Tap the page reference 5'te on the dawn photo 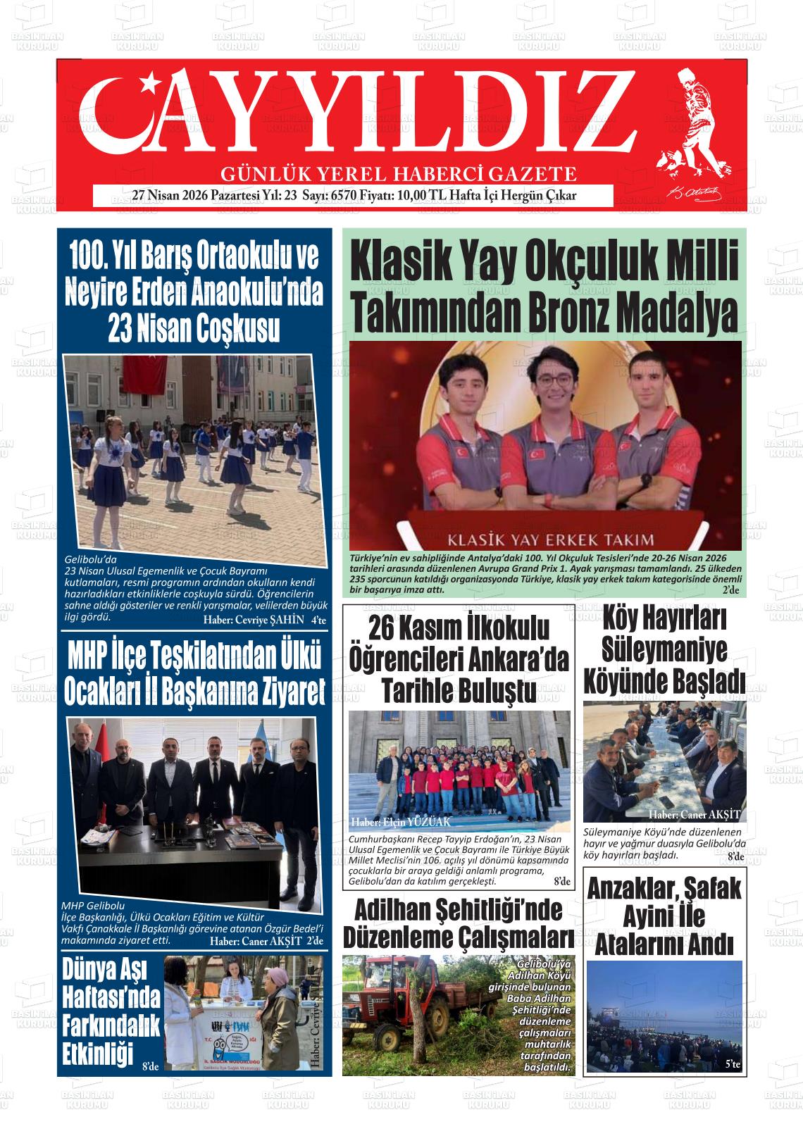tap(733, 1065)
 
